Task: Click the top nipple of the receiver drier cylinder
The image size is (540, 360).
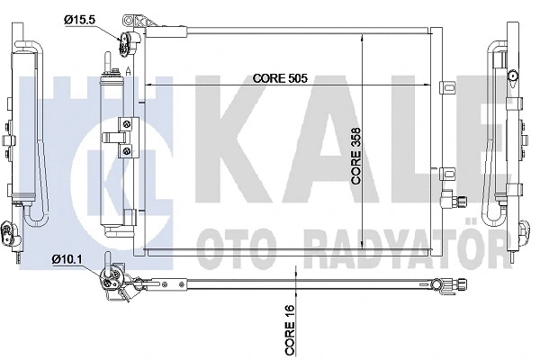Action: [x=112, y=60]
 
